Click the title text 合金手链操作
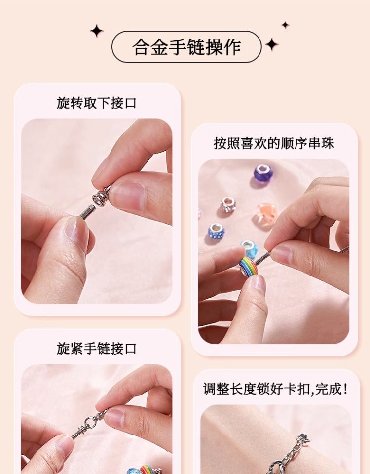[x=186, y=47]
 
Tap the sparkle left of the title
[x=97, y=31]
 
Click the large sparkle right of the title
[x=272, y=44]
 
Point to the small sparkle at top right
[x=285, y=25]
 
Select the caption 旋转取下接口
[x=97, y=103]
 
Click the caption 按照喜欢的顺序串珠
[x=274, y=143]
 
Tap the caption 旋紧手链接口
[x=97, y=349]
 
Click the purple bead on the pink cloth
[x=263, y=172]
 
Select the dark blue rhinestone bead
[x=217, y=231]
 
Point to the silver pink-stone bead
[x=228, y=203]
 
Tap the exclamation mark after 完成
[x=345, y=389]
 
